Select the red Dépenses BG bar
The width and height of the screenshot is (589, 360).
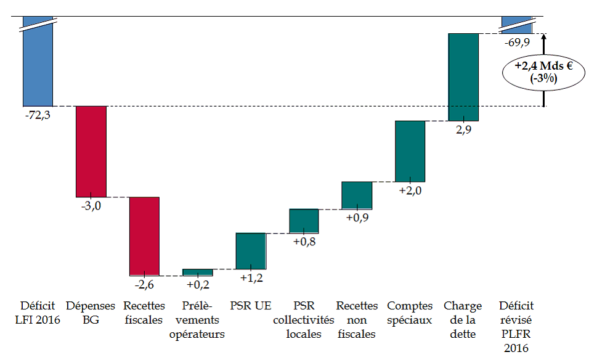(91, 151)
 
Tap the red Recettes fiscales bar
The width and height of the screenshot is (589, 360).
(144, 235)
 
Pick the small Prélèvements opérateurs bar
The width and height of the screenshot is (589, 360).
(198, 272)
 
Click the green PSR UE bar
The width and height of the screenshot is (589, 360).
(251, 251)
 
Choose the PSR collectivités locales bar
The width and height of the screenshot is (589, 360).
(304, 221)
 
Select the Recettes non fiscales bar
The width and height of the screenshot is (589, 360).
(357, 195)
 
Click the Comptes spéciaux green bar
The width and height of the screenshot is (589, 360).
(410, 151)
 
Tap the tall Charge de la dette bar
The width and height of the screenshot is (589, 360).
(463, 77)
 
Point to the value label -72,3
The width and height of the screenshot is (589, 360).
(38, 115)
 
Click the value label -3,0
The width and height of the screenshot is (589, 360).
(91, 206)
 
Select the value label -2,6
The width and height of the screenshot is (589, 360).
(144, 284)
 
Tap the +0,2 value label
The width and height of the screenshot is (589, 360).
(198, 284)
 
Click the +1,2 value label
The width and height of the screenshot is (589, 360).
(251, 278)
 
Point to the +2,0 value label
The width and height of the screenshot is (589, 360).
(410, 190)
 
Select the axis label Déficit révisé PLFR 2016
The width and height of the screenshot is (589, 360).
(516, 327)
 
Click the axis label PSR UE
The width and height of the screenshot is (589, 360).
(251, 306)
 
